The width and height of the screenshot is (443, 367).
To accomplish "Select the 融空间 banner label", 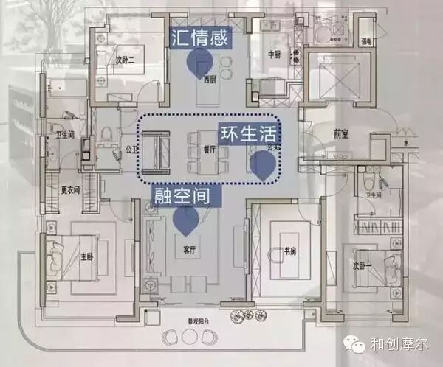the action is [x=188, y=195].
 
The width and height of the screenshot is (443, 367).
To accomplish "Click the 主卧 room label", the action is [x=86, y=257].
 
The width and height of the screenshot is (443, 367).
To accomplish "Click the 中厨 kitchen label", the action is [x=274, y=53].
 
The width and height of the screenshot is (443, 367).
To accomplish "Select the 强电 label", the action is [x=366, y=41].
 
